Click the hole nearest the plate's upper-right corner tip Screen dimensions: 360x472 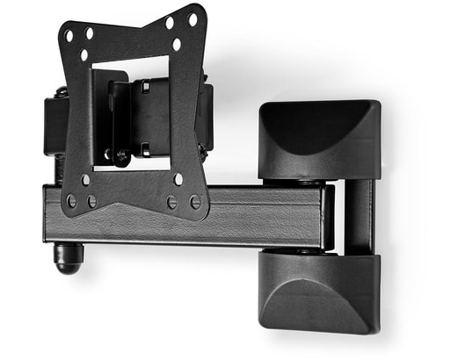[192, 17]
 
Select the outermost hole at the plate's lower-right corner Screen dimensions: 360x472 [195, 202]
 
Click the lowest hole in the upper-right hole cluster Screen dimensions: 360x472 [177, 43]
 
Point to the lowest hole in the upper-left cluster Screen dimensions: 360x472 [84, 54]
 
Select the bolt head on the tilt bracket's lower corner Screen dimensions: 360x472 [121, 156]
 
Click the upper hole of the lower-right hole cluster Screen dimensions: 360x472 [178, 179]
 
